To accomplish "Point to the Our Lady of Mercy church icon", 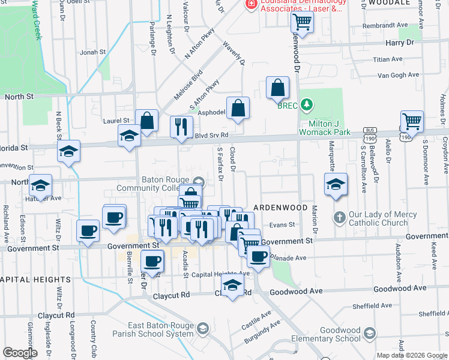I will pos(339,217).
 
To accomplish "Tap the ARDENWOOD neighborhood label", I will pos(280,207).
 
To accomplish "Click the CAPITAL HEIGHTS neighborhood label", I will pos(35,280).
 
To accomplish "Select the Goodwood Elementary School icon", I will pos(370,333).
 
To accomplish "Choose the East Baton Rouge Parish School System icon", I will pos(202,328).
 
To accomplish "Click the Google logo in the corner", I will pos(19,353).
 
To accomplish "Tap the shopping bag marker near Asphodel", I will pos(238,109).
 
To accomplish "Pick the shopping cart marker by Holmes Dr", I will pos(412,121).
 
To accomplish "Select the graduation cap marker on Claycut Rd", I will pos(232,286).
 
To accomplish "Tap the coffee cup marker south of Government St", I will pos(152,261).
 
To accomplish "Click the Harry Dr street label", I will pos(400,43).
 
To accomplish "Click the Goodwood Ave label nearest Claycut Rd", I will pos(297,291).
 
